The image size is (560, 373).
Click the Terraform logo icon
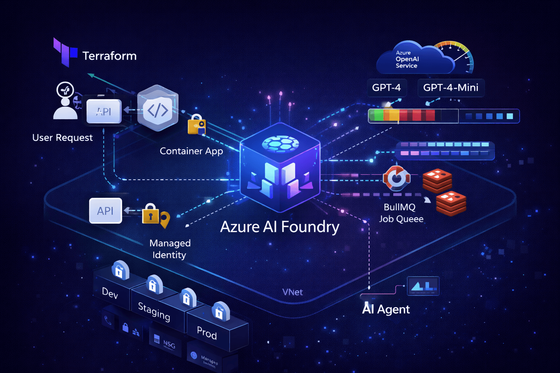(x=65, y=52)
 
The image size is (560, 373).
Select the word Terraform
(x=109, y=56)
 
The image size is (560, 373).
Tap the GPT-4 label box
(x=386, y=88)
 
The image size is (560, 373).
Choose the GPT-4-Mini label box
(x=451, y=88)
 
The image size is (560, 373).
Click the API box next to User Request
(x=104, y=111)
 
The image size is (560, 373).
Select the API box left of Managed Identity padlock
(x=105, y=211)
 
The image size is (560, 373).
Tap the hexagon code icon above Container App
(x=158, y=109)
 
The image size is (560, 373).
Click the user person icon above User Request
(x=65, y=101)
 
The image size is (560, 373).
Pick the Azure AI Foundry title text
(x=280, y=227)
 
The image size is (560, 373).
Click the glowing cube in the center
(x=280, y=168)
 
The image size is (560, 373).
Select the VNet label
(x=292, y=292)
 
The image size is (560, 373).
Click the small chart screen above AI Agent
(x=423, y=286)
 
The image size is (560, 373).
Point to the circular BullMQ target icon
(x=396, y=178)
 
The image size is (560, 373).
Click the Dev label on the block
(x=110, y=293)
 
